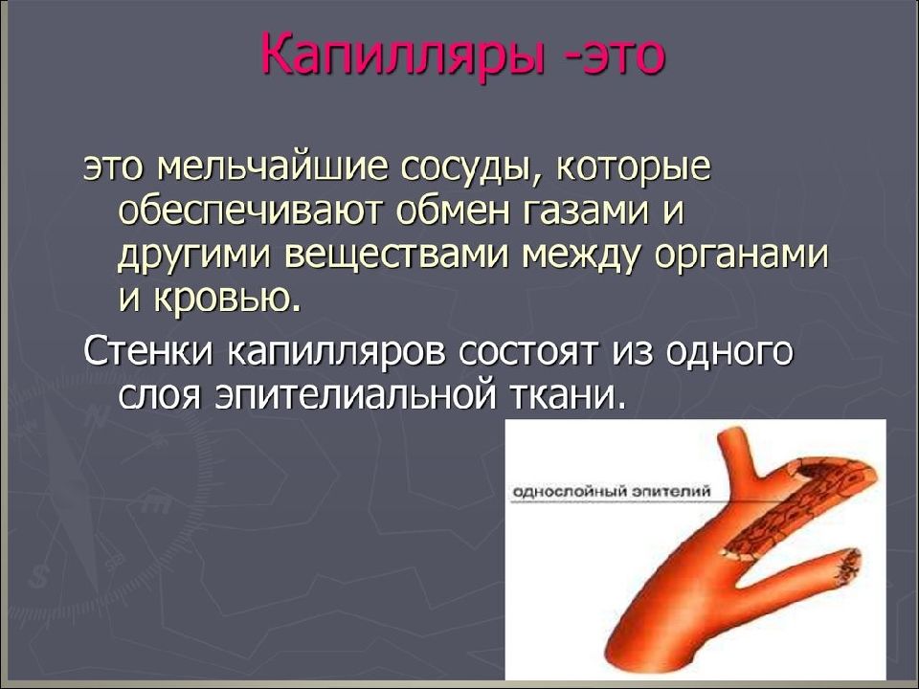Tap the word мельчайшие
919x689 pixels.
pyautogui.click(x=275, y=167)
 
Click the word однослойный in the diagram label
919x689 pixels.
pyautogui.click(x=571, y=491)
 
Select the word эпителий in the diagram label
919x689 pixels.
pyautogui.click(x=672, y=490)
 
